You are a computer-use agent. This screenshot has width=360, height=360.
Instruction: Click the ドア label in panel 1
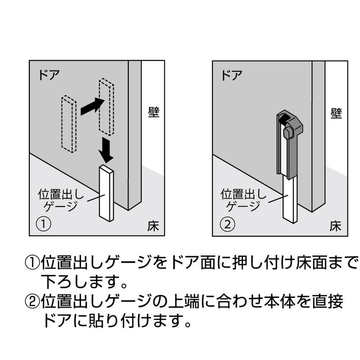[x=49, y=75]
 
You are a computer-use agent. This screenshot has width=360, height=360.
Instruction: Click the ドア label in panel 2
[x=232, y=75]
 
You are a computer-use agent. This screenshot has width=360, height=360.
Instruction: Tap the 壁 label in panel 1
[x=153, y=112]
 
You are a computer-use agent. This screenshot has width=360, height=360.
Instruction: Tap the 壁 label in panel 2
[x=336, y=113]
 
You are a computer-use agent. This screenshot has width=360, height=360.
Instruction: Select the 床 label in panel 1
[x=153, y=226]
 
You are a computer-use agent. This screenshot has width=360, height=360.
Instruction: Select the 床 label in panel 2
[x=335, y=226]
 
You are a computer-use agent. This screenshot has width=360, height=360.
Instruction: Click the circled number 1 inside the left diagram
[x=44, y=224]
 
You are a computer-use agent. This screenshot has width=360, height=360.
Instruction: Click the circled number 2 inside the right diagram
[x=228, y=224]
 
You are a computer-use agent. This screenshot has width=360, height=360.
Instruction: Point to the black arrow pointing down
[x=106, y=150]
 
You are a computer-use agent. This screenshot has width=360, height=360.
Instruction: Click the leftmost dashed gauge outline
[x=69, y=124]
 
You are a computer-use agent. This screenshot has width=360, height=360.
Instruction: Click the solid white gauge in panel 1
[x=106, y=193]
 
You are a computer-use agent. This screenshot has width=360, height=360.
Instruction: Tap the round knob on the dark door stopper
[x=288, y=132]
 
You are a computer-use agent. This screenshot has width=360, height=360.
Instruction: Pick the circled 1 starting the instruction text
[x=32, y=263]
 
